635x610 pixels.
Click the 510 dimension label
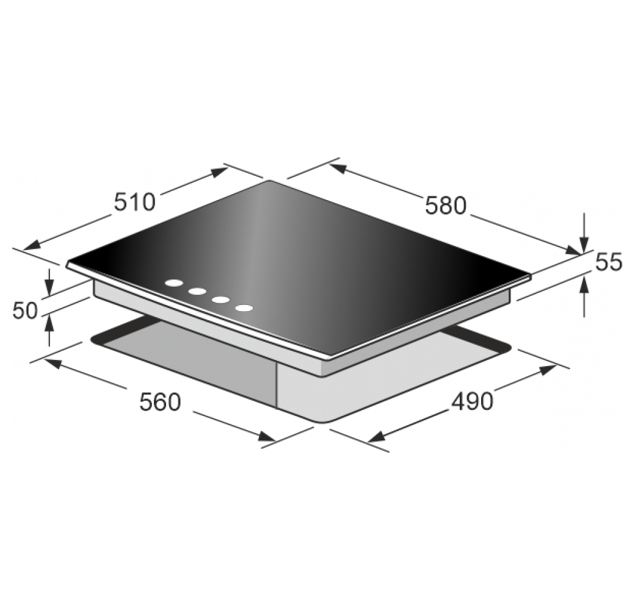[134, 202]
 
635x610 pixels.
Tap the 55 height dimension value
[608, 262]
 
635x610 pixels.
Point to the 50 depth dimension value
[25, 310]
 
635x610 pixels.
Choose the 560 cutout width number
[159, 402]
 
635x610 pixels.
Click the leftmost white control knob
[175, 284]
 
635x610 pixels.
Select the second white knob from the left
[198, 291]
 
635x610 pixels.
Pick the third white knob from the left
[220, 300]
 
